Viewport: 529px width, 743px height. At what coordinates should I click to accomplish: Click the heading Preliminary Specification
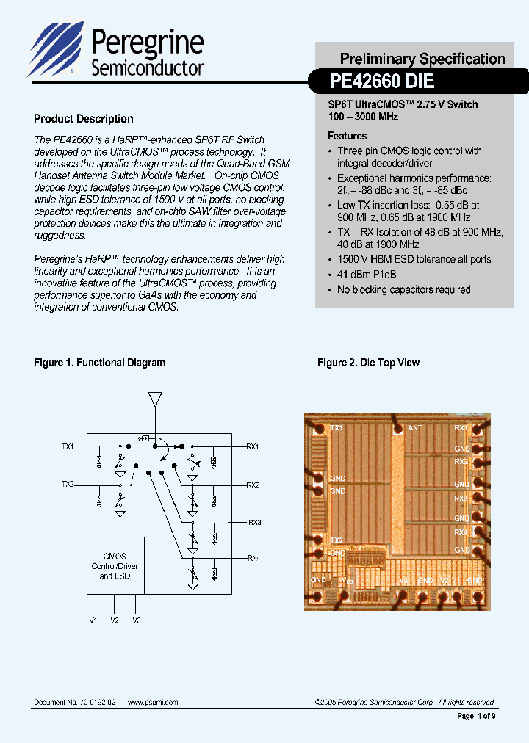(x=422, y=59)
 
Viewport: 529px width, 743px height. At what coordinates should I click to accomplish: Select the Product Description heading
(x=84, y=119)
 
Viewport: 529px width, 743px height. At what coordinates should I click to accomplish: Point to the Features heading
(x=347, y=136)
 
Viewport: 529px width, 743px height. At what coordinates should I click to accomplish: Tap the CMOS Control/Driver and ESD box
(x=115, y=566)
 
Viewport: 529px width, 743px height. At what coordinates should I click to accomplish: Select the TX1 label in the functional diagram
(x=68, y=446)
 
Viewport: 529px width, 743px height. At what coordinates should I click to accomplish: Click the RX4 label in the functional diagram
(x=254, y=558)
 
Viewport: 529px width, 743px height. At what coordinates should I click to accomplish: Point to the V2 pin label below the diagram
(x=115, y=620)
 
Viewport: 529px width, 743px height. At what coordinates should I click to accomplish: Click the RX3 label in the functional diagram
(x=254, y=523)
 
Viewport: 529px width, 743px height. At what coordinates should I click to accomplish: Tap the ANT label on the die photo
(x=414, y=427)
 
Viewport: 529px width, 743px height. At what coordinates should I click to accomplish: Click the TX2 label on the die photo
(x=337, y=540)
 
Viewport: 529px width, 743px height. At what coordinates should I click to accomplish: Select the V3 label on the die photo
(x=403, y=580)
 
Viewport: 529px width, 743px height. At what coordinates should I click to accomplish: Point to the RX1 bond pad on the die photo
(x=478, y=429)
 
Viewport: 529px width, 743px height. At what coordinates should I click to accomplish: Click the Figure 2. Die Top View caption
(x=368, y=363)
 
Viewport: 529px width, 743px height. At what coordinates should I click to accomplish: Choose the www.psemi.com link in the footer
(x=153, y=703)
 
